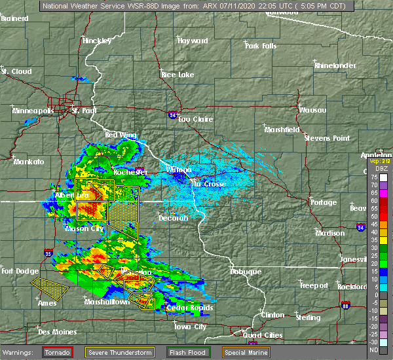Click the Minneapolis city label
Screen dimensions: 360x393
(x=33, y=111)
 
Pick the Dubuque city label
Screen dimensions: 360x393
(x=246, y=272)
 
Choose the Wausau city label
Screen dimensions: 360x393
(x=313, y=110)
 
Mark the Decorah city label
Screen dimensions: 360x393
(x=173, y=218)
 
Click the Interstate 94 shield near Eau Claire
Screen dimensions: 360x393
(x=172, y=115)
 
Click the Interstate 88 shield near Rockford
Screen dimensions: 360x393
(x=345, y=306)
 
